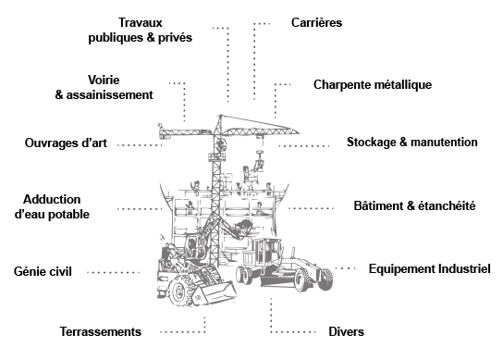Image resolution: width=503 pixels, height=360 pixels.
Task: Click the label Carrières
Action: [x=316, y=23]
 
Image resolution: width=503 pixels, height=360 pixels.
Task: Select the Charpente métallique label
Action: [x=373, y=85]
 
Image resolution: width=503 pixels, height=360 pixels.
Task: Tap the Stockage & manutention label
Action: [x=411, y=143]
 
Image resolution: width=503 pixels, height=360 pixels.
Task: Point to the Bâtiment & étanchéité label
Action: [x=414, y=205]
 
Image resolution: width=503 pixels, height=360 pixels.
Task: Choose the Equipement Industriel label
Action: [x=430, y=268]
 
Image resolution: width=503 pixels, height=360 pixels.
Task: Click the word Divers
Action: [x=346, y=331]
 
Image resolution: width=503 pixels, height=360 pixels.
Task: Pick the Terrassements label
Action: [x=101, y=331]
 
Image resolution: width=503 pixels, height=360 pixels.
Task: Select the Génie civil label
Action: [x=43, y=272]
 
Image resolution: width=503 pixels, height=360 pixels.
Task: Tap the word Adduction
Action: [x=52, y=199]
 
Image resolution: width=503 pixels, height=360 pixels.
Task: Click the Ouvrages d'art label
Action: [x=66, y=143]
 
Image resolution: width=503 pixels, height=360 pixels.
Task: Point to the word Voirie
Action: [x=104, y=80]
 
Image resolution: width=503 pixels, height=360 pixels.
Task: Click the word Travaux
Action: [x=141, y=23]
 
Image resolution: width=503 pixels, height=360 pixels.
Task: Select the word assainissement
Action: [x=110, y=95]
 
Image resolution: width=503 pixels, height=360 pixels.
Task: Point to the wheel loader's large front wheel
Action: [x=179, y=291]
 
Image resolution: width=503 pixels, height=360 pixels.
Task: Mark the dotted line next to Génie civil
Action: [x=113, y=273]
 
